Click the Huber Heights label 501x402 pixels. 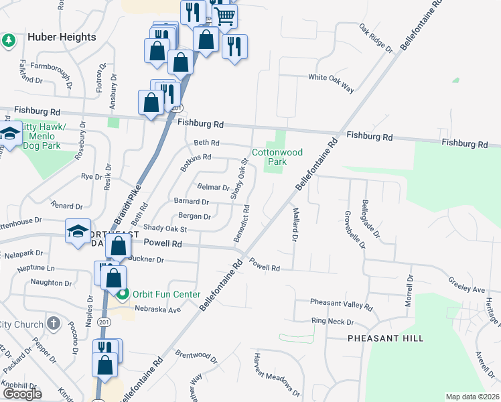coord(62,38)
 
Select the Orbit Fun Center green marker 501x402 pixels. coord(122,294)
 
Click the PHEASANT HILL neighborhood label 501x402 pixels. coord(385,338)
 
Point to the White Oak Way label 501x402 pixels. coord(330,78)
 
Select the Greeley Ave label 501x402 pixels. coord(466,289)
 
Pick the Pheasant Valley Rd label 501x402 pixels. coord(341,306)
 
